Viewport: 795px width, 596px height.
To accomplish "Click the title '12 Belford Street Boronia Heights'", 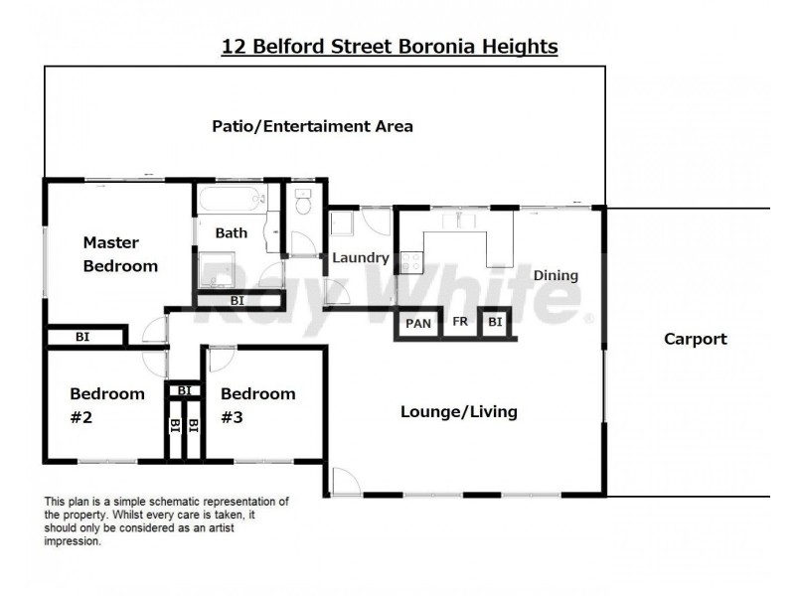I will point(389,46).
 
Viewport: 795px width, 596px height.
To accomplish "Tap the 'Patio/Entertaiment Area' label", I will point(312,126).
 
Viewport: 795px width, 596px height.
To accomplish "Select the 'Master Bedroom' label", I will point(119,253).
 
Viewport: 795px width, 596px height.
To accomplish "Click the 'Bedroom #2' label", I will point(106,405).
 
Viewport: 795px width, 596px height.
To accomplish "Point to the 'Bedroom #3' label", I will point(257,405).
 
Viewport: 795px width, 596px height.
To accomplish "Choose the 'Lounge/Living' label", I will point(458,411).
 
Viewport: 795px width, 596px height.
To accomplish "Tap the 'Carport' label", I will point(695,339).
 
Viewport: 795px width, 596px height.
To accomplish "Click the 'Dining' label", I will point(556,275).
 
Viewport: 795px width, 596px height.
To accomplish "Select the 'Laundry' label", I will point(360,257).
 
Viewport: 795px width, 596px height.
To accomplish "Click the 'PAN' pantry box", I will point(418,323).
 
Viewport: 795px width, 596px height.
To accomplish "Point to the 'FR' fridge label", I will point(460,323).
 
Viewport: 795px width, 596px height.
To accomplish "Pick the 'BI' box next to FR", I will point(495,323).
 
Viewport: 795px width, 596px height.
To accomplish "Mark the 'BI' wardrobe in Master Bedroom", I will point(83,338).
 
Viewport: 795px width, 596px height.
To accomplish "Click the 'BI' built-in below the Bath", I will point(238,299).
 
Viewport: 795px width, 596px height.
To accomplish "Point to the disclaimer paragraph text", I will point(167,521).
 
